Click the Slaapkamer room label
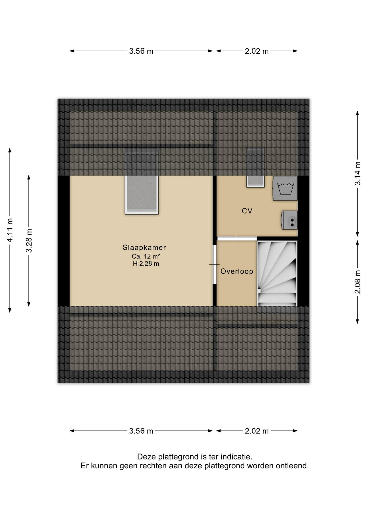[144, 247]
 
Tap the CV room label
[247, 211]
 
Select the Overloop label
[237, 271]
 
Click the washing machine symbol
[285, 188]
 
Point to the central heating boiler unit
[289, 220]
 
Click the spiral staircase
[277, 274]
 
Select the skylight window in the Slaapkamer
[142, 195]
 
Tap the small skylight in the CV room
[255, 181]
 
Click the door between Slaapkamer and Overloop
[215, 264]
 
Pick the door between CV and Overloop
[237, 238]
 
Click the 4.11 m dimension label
[10, 230]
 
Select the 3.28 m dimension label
[29, 241]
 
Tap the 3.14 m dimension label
[358, 173]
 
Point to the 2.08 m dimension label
[358, 282]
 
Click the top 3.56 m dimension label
[141, 51]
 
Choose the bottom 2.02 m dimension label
[257, 431]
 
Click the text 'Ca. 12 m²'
[146, 256]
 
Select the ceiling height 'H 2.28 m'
[146, 264]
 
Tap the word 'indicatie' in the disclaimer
[236, 457]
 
